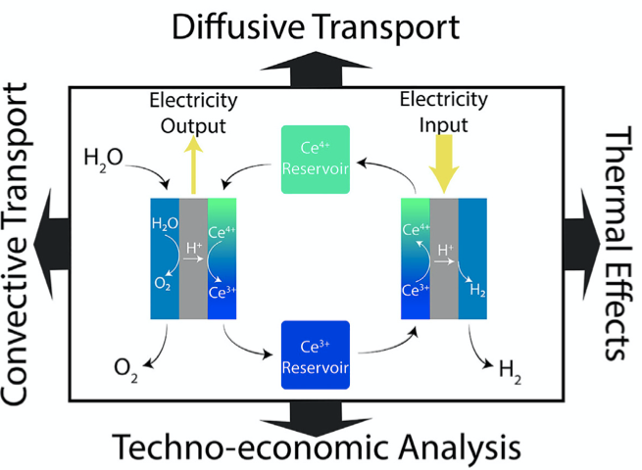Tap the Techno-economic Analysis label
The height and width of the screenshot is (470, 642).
pyautogui.click(x=315, y=447)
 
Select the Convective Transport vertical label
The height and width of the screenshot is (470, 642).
pyautogui.click(x=23, y=245)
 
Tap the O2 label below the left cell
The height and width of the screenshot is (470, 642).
pyautogui.click(x=126, y=368)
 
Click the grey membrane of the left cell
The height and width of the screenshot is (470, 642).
pyautogui.click(x=192, y=258)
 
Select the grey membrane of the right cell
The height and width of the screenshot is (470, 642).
pyautogui.click(x=444, y=258)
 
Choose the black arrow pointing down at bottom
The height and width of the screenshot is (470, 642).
pyautogui.click(x=315, y=415)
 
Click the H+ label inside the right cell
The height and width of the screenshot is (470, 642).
pyautogui.click(x=445, y=252)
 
